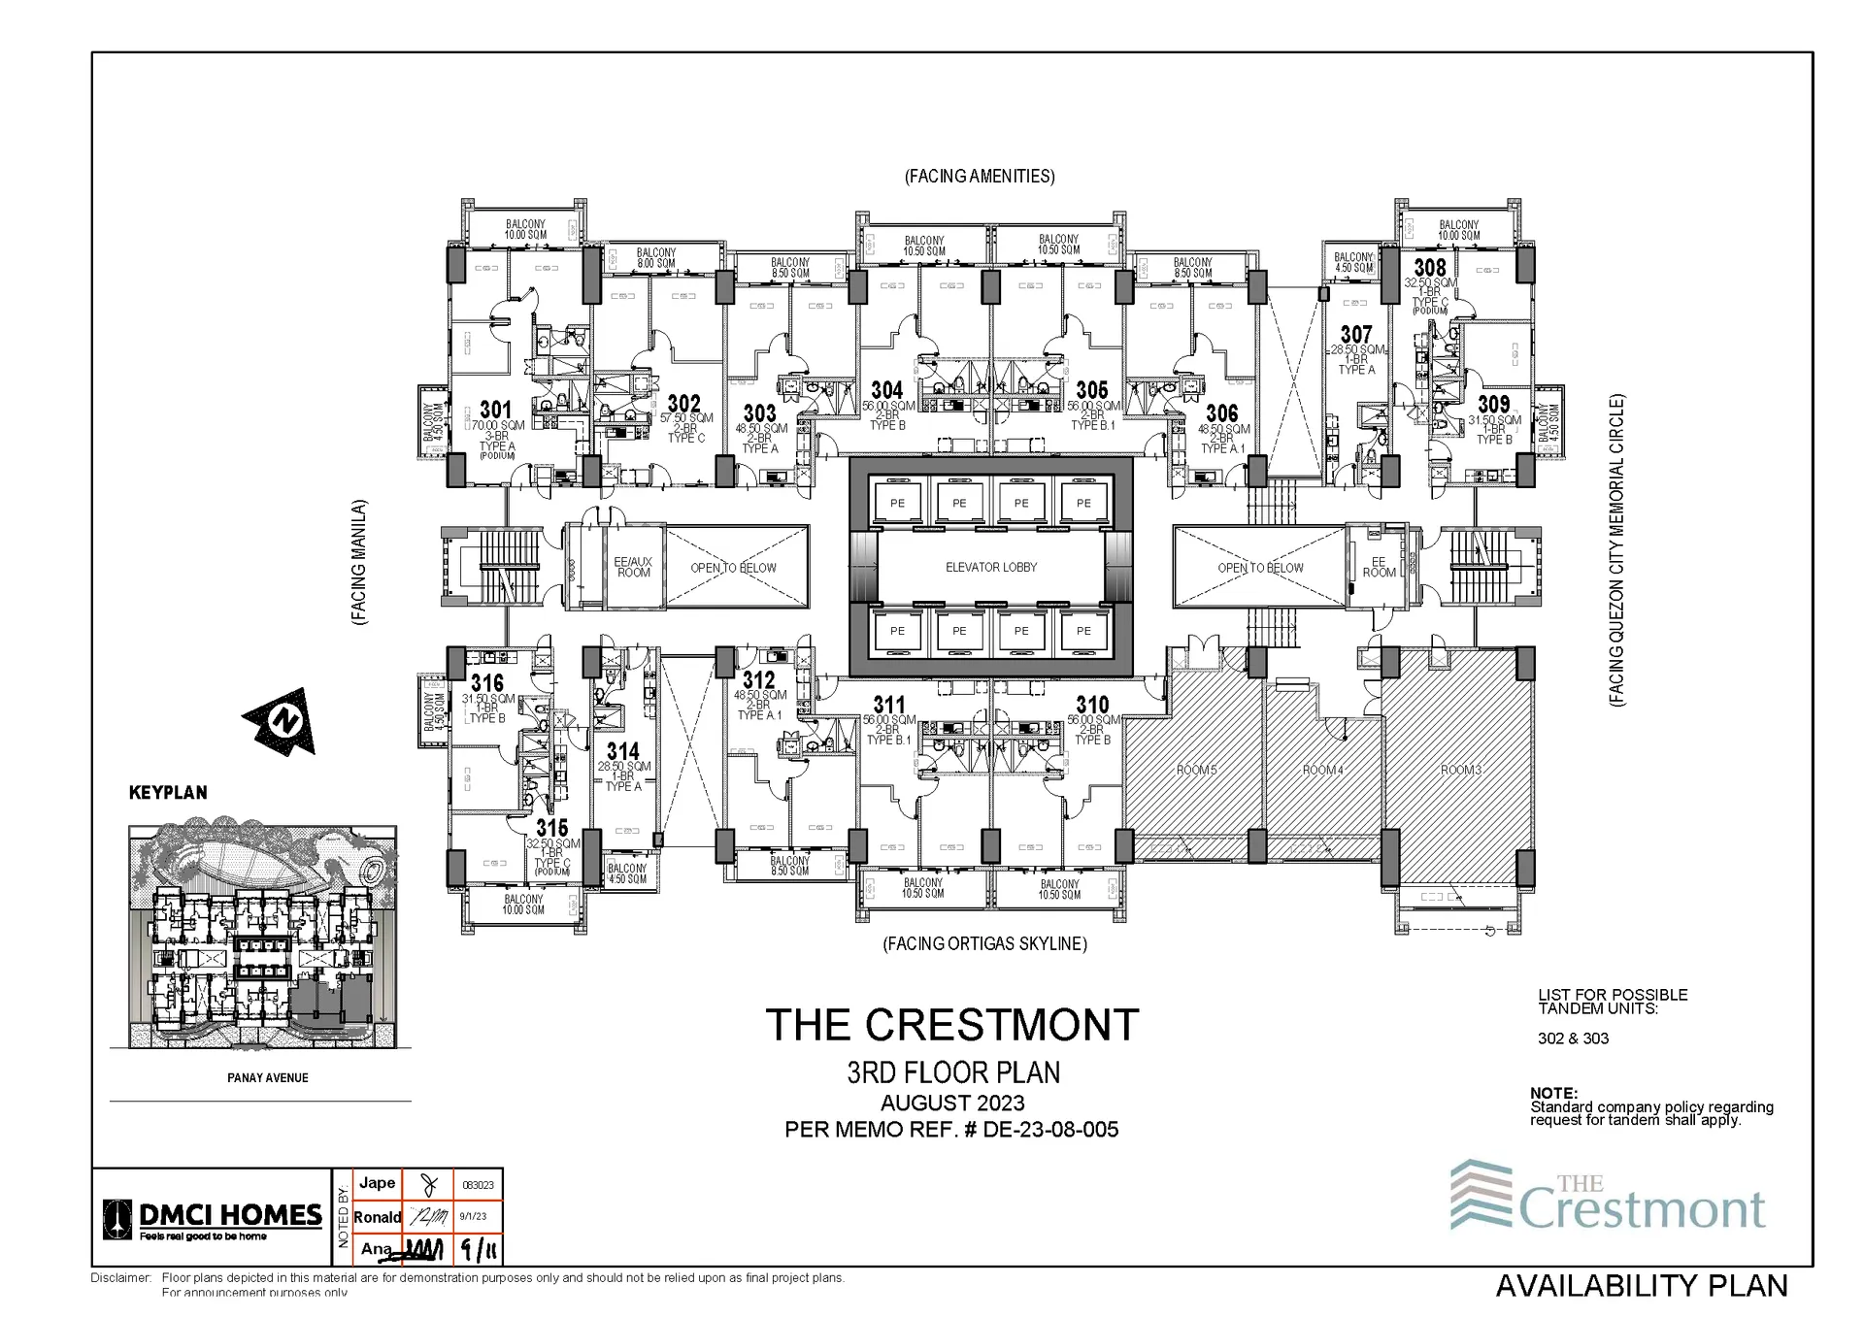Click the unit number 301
[495, 410]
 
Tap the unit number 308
[1429, 267]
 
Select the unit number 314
[623, 751]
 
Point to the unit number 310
[1092, 705]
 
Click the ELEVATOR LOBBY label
[991, 567]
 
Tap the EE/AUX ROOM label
[633, 568]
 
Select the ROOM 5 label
[1196, 770]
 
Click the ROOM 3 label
[1460, 770]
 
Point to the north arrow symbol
[282, 721]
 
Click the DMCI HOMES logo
[213, 1219]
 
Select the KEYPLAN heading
[168, 793]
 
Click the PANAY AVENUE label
[268, 1077]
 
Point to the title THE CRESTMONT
[951, 1025]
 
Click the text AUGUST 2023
[952, 1103]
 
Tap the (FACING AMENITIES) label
[980, 177]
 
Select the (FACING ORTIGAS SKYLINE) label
[984, 943]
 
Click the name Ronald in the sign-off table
[377, 1217]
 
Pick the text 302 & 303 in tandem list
[1573, 1038]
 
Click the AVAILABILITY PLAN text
[1642, 1286]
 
